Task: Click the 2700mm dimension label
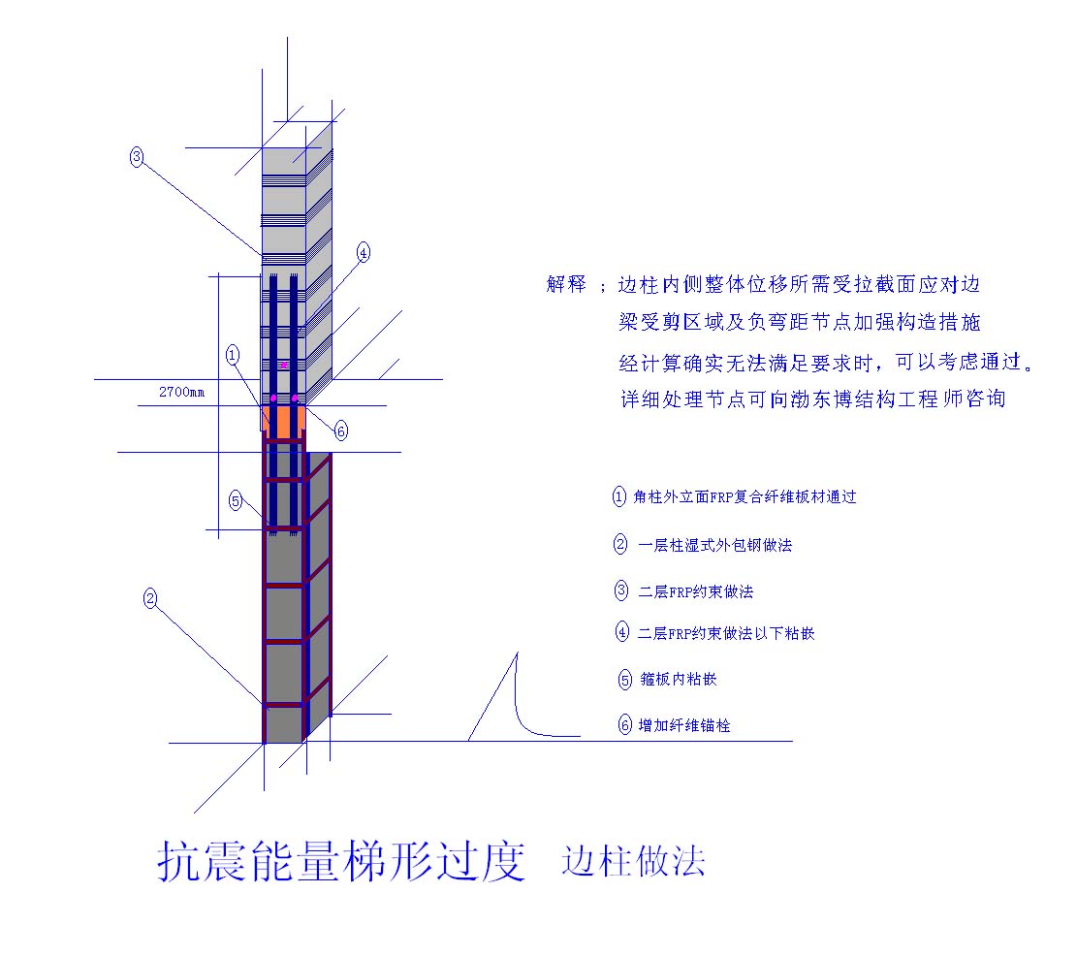[x=181, y=392]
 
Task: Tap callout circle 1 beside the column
[x=233, y=355]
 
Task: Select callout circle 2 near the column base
[x=150, y=597]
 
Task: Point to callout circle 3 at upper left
[x=137, y=157]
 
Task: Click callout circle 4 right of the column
[x=364, y=253]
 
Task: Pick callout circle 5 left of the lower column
[x=236, y=500]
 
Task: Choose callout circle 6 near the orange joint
[x=340, y=431]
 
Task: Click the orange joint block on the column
[x=284, y=419]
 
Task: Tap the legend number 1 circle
[x=618, y=496]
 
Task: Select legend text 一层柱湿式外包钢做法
[x=715, y=545]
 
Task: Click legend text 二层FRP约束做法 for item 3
[x=696, y=591]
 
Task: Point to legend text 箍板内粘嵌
[x=678, y=679]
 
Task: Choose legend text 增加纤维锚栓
[x=684, y=725]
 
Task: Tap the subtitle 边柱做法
[x=633, y=860]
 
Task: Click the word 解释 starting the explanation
[x=566, y=283]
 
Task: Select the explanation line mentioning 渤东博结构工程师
[x=813, y=399]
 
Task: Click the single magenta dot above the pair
[x=284, y=365]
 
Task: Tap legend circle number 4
[x=621, y=631]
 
